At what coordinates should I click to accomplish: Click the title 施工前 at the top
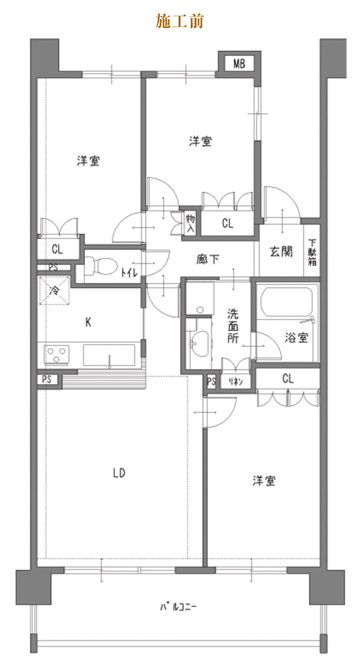(x=179, y=21)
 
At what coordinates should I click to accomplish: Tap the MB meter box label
(x=239, y=64)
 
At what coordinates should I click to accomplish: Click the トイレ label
(x=129, y=272)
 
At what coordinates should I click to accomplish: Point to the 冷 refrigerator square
(x=54, y=290)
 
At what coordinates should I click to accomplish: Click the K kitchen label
(x=88, y=322)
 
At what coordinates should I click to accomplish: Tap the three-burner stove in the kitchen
(x=57, y=355)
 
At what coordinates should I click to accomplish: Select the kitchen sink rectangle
(x=109, y=355)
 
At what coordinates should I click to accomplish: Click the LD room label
(x=119, y=473)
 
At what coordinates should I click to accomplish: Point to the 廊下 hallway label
(x=207, y=259)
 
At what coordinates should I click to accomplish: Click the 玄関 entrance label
(x=281, y=251)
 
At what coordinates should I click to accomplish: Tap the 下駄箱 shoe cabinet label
(x=312, y=253)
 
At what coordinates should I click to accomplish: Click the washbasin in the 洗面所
(x=200, y=343)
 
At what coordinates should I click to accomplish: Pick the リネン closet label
(x=236, y=381)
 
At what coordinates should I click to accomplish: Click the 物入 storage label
(x=190, y=223)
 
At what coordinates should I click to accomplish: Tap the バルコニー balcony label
(x=178, y=607)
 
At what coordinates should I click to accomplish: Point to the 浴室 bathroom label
(x=296, y=337)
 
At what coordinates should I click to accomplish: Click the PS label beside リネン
(x=211, y=381)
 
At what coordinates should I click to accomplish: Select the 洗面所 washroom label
(x=233, y=326)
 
